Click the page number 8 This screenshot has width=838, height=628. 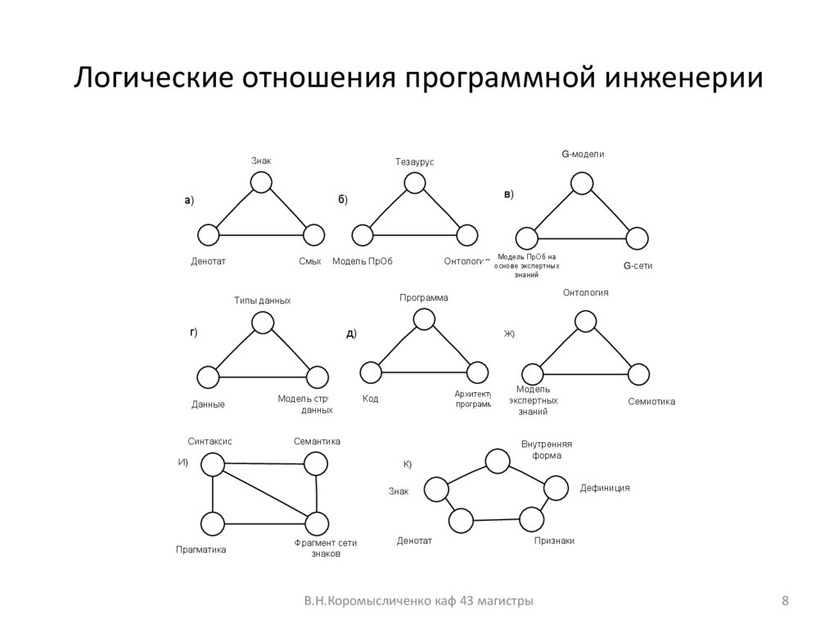click(x=786, y=602)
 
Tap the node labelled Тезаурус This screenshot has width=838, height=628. click(x=415, y=183)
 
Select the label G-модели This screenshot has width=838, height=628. click(x=583, y=153)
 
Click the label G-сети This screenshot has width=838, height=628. click(x=638, y=265)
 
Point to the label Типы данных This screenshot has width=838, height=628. click(x=262, y=300)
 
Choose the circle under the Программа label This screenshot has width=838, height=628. click(x=423, y=318)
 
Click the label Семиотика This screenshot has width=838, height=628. click(x=651, y=401)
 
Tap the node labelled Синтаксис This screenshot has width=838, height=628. click(x=213, y=464)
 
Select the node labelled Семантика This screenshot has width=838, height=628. click(x=317, y=464)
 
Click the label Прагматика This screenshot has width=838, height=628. click(x=200, y=549)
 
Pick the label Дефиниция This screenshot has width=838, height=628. click(x=605, y=487)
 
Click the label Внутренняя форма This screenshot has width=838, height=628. click(x=547, y=449)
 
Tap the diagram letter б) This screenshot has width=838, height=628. click(x=343, y=200)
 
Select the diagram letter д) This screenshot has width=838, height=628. click(x=351, y=333)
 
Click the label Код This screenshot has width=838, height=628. click(x=370, y=399)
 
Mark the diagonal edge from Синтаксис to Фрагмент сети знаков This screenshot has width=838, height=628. click(x=264, y=494)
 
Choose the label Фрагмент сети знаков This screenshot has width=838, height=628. click(x=326, y=548)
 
